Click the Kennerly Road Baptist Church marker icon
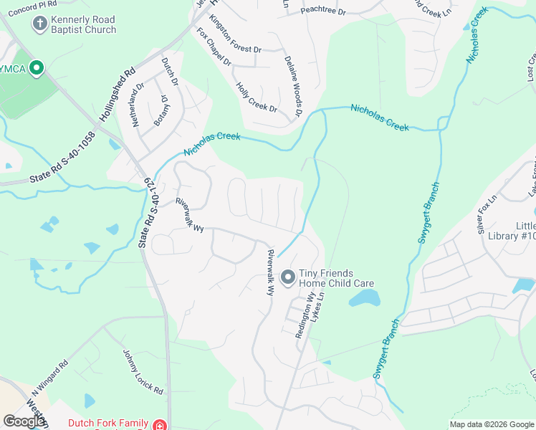[x=40, y=24]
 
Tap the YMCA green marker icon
[x=37, y=69]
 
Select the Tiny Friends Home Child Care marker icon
[x=288, y=277]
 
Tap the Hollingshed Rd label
[x=118, y=92]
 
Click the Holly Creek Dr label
[x=256, y=97]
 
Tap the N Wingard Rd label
[x=49, y=378]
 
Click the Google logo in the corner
[x=24, y=421]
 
